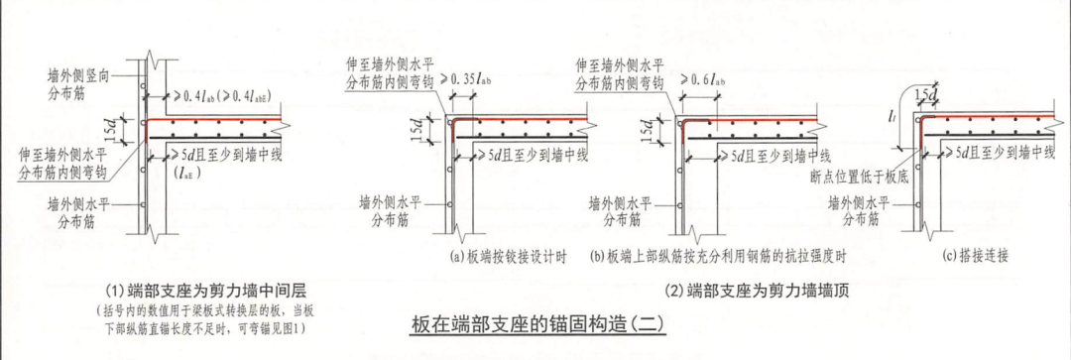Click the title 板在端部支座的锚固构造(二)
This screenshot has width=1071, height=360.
535,323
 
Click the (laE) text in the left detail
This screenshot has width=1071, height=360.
185,174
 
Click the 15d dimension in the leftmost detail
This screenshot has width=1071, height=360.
117,126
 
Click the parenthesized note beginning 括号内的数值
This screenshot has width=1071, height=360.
203,320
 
